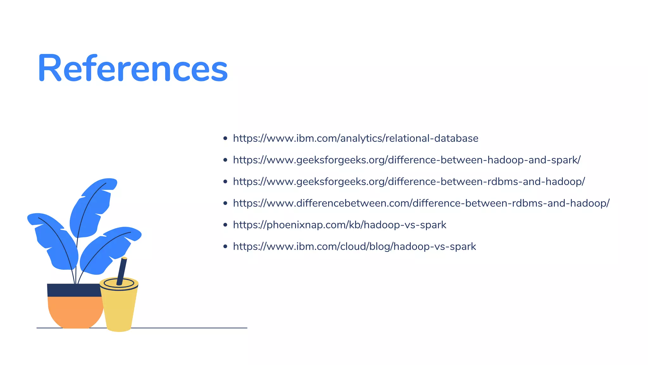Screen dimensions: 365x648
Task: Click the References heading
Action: pyautogui.click(x=133, y=68)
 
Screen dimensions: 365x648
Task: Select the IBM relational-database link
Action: pyautogui.click(x=355, y=138)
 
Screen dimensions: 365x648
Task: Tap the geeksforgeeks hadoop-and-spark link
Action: pyautogui.click(x=407, y=160)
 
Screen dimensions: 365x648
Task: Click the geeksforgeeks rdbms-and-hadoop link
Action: pyautogui.click(x=409, y=182)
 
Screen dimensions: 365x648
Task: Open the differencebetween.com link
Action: pyautogui.click(x=421, y=203)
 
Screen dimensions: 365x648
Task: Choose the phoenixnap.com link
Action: pyautogui.click(x=340, y=225)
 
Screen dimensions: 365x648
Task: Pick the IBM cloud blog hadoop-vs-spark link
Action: pyautogui.click(x=354, y=247)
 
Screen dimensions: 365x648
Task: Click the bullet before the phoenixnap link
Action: pyautogui.click(x=225, y=225)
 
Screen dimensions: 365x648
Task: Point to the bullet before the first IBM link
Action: pyautogui.click(x=225, y=138)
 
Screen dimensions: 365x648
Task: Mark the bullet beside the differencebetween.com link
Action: pyautogui.click(x=225, y=203)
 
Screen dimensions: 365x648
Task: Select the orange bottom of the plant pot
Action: pyautogui.click(x=75, y=312)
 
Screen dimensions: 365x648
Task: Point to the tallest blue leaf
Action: pyautogui.click(x=92, y=206)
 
